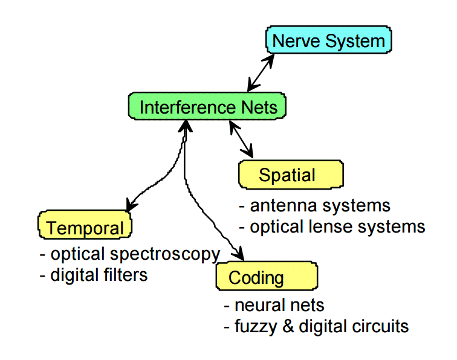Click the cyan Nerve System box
(328, 40)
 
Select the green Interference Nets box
(207, 106)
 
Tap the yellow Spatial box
(291, 174)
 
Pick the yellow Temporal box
(85, 225)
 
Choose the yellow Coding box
(267, 276)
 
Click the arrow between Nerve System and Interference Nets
(261, 73)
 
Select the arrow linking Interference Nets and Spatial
(241, 139)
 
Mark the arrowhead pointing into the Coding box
(238, 254)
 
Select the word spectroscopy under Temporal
(165, 255)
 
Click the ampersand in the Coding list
(288, 326)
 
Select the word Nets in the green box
(259, 107)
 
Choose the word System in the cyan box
(355, 42)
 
